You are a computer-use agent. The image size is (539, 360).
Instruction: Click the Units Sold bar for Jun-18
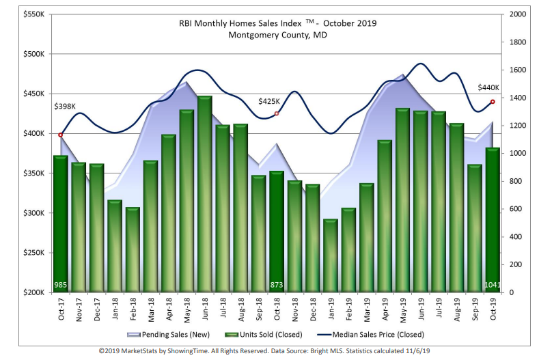204,195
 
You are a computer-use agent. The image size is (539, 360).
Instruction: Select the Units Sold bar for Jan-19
331,256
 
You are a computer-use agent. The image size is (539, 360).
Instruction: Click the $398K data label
65,106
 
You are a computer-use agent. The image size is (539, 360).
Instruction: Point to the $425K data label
269,101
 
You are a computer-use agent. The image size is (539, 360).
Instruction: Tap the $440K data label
488,87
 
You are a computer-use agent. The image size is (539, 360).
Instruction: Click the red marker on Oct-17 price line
61,135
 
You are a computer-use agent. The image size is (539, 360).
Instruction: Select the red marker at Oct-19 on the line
493,102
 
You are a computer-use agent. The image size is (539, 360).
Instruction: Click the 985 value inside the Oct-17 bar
61,284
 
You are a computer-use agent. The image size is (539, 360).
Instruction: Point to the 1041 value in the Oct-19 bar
492,284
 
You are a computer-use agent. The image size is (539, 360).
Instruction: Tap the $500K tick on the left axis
32,54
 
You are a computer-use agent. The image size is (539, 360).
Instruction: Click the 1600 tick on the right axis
518,70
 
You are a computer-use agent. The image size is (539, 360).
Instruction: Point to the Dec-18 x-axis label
312,309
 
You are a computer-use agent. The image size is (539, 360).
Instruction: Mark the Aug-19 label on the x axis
456,309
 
